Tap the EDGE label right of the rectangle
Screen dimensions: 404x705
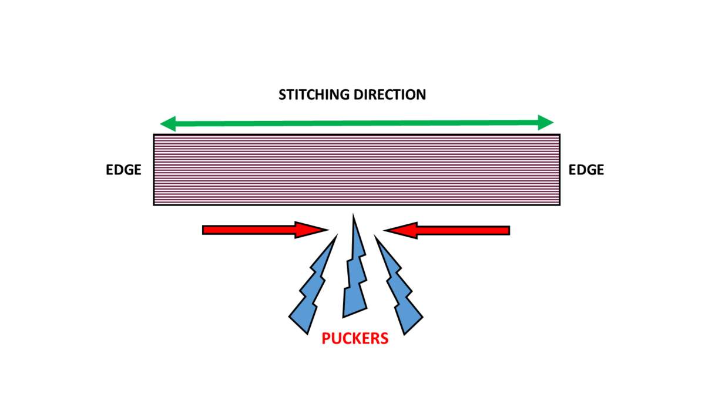[x=586, y=170]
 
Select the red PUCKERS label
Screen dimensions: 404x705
[x=355, y=339]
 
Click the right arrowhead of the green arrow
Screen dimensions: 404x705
[x=545, y=123]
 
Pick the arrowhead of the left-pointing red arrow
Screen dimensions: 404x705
[x=400, y=231]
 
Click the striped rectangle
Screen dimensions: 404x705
[x=356, y=170]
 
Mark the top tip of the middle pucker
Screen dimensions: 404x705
[x=354, y=215]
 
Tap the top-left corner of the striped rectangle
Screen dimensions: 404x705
[x=154, y=135]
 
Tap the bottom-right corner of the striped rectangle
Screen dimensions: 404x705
[x=559, y=204]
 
